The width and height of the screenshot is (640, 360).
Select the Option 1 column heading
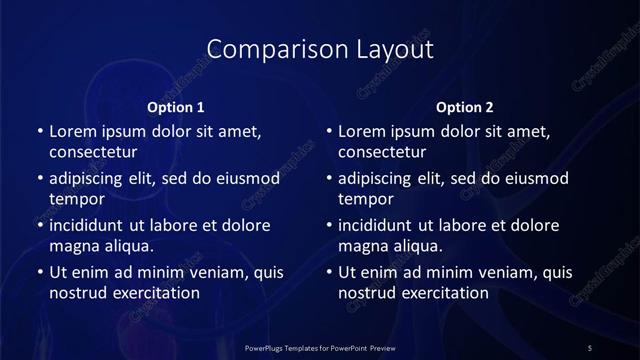(176, 107)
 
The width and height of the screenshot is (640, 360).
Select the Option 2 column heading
(465, 107)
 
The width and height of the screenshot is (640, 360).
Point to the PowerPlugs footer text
(320, 346)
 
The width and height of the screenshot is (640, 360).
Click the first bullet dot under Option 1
(39, 131)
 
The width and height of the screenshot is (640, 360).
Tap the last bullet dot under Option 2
(329, 272)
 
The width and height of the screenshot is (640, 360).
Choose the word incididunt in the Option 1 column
(90, 225)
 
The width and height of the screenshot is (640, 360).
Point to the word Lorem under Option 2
(362, 131)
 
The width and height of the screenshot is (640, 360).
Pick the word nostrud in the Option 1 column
(75, 293)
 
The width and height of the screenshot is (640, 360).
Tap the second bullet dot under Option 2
(329, 178)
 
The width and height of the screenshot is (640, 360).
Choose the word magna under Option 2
(362, 246)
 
